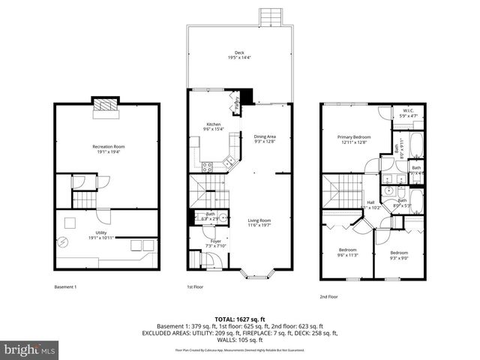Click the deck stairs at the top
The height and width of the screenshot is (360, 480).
269,16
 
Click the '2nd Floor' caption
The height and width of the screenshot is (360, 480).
328,296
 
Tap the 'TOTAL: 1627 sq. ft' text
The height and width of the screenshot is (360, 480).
239,319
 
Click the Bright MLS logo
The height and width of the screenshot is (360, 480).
30,349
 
